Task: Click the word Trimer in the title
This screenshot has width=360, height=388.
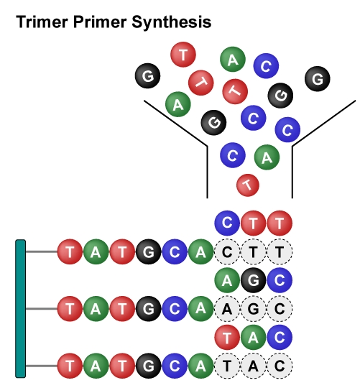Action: (42, 22)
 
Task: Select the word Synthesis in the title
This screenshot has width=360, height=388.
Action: (172, 23)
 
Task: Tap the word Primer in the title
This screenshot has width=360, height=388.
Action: (100, 22)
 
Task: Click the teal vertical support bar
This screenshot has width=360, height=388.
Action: (21, 308)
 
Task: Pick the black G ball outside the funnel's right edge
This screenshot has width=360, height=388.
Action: (318, 79)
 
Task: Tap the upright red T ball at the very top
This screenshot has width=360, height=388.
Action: (183, 55)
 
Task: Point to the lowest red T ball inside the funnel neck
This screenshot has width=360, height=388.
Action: (248, 185)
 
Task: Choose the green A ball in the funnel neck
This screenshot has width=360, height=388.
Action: (267, 157)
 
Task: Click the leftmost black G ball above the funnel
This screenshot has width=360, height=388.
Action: (147, 75)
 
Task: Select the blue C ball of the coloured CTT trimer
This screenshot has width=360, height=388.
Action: (227, 223)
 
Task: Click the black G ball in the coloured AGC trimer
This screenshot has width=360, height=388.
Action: (253, 280)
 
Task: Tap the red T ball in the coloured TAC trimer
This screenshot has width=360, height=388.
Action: (227, 337)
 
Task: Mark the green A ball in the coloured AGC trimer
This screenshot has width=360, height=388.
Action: (227, 280)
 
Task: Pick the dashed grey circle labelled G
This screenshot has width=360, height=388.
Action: (253, 308)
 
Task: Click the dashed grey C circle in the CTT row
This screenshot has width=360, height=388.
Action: (227, 251)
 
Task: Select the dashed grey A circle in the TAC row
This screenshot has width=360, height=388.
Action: (253, 366)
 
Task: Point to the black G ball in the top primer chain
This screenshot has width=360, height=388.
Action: (148, 251)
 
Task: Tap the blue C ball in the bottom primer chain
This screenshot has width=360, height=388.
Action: (175, 366)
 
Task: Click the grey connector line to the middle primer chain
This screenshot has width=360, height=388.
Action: (42, 308)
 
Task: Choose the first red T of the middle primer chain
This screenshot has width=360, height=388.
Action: (70, 308)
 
